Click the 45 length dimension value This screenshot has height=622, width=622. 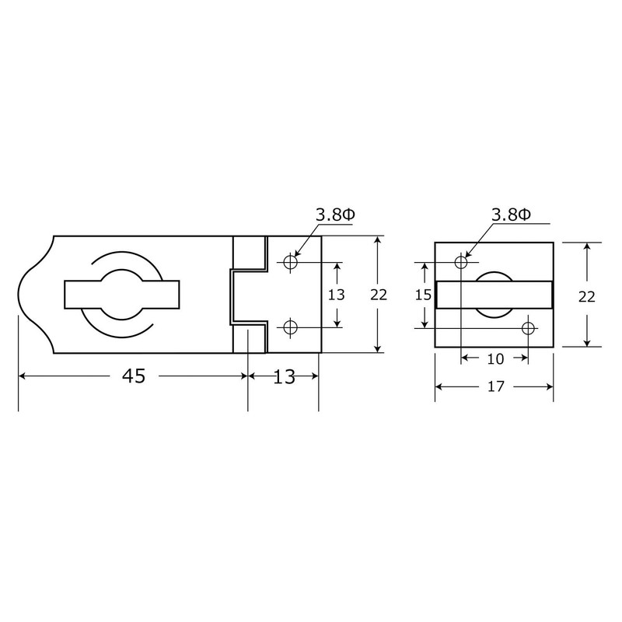point(133,376)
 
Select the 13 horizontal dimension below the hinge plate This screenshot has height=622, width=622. point(285,376)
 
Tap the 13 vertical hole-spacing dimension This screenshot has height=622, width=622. point(337,295)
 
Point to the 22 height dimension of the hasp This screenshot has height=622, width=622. point(379,295)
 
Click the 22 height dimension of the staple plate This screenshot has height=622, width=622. point(587,296)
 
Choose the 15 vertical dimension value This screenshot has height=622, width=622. point(425,295)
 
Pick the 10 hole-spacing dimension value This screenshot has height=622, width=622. point(495,358)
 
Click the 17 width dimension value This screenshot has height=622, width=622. point(494,386)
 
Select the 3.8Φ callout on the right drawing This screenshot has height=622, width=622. point(510,215)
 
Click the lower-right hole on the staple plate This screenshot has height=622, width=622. point(528,327)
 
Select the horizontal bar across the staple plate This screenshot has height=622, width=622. point(494,295)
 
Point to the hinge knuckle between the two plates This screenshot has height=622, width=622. point(247,295)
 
